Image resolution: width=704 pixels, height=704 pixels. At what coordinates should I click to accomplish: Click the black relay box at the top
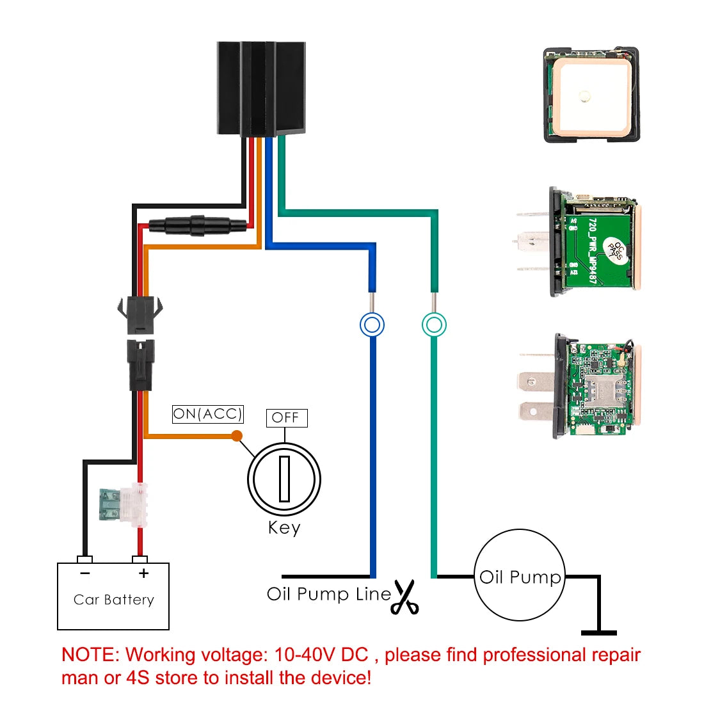coord(261,88)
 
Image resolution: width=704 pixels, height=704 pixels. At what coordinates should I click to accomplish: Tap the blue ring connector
coord(372,324)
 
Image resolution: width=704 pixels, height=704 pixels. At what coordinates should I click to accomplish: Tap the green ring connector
coord(434,324)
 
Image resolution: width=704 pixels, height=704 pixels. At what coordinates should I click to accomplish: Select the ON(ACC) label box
coord(208,414)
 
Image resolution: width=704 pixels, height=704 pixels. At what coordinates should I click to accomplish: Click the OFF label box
coord(285,418)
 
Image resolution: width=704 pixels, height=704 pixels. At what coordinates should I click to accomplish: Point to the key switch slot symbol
coord(284,479)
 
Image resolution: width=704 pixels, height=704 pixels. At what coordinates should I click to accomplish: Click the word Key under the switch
coord(284,528)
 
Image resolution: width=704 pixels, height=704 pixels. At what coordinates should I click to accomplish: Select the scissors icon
coord(404,597)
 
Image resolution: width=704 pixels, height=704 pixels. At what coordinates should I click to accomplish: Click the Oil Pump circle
coord(520,575)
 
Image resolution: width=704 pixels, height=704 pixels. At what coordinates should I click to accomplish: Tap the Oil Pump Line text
coord(328,594)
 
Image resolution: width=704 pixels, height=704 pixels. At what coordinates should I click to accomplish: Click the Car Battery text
coord(114,600)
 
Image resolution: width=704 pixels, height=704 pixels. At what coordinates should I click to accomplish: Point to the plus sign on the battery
coord(143,573)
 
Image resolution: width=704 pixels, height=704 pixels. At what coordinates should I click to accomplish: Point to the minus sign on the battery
coord(85,573)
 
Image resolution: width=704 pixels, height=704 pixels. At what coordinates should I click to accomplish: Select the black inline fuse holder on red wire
coord(196,225)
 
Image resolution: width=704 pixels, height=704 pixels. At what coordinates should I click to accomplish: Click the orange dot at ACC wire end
coord(237,436)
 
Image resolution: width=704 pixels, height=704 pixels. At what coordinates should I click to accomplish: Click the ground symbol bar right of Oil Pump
coord(599,632)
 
